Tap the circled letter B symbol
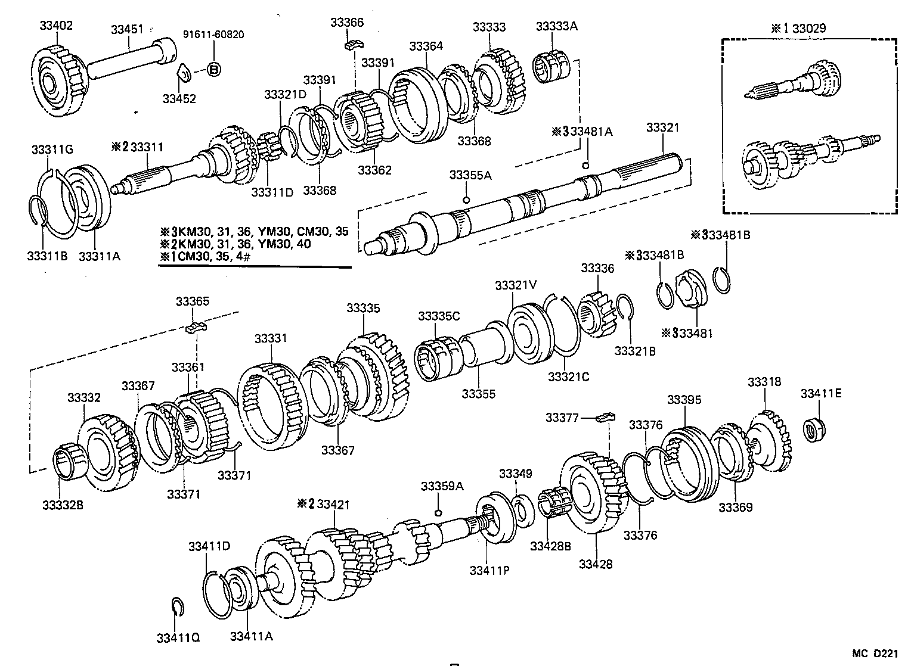pos(213,70)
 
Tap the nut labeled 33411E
pos(814,430)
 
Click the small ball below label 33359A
pos(438,512)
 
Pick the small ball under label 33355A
pos(466,200)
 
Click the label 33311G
pos(52,150)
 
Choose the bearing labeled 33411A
pos(237,590)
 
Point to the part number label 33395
pos(684,400)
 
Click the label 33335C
pos(439,316)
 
